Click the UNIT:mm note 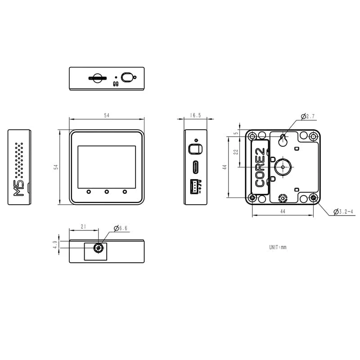click(x=278, y=247)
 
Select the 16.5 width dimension click(x=195, y=116)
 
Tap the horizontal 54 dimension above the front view click(x=107, y=116)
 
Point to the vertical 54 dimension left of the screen click(x=56, y=167)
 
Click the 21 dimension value click(x=83, y=227)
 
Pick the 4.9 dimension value click(x=55, y=245)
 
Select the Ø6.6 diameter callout click(x=121, y=229)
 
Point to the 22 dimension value click(x=236, y=152)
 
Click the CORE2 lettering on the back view click(x=260, y=167)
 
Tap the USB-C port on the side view click(x=196, y=167)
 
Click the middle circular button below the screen click(x=107, y=192)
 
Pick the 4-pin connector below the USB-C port click(x=195, y=185)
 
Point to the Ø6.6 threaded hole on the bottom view click(x=98, y=248)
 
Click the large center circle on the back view click(x=283, y=166)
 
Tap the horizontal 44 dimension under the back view click(x=283, y=211)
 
